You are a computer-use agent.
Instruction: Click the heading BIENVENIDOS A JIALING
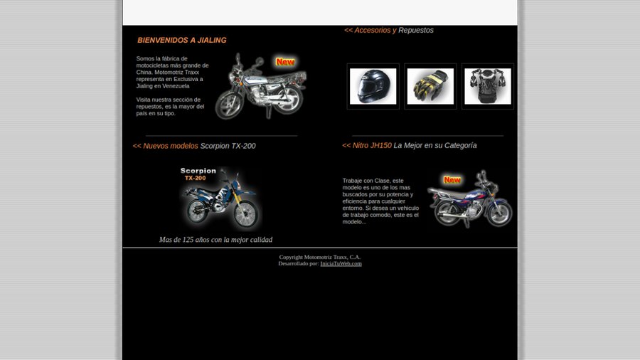click(x=181, y=40)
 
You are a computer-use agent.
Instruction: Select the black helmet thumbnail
click(x=373, y=86)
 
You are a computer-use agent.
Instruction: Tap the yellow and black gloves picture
click(x=430, y=86)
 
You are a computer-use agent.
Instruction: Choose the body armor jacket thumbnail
click(x=488, y=86)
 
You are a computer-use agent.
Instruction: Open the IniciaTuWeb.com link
click(x=341, y=264)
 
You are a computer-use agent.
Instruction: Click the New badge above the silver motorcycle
click(x=285, y=62)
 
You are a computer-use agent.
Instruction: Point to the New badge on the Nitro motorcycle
click(x=452, y=180)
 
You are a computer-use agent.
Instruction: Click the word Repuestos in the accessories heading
click(x=416, y=30)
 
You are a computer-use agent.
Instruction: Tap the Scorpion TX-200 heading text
click(x=228, y=146)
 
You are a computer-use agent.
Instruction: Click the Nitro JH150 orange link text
click(x=372, y=145)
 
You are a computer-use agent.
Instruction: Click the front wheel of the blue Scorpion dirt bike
click(x=246, y=214)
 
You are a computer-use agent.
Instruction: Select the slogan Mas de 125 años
click(x=215, y=240)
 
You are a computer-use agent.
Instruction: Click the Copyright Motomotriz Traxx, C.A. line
click(x=320, y=257)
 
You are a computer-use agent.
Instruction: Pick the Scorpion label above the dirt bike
click(x=198, y=171)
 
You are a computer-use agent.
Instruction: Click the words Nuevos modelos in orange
click(x=170, y=146)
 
